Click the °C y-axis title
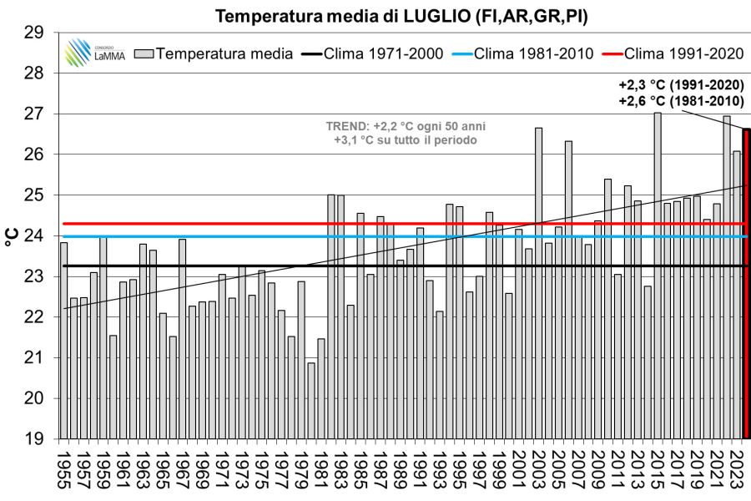(12, 235)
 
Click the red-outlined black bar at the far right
(747, 284)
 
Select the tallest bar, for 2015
(658, 276)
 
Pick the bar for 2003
(539, 284)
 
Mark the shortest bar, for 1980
(311, 400)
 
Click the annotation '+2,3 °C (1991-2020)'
(681, 85)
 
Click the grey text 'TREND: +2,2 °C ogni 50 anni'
(406, 126)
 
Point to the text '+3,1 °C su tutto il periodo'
(406, 140)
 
